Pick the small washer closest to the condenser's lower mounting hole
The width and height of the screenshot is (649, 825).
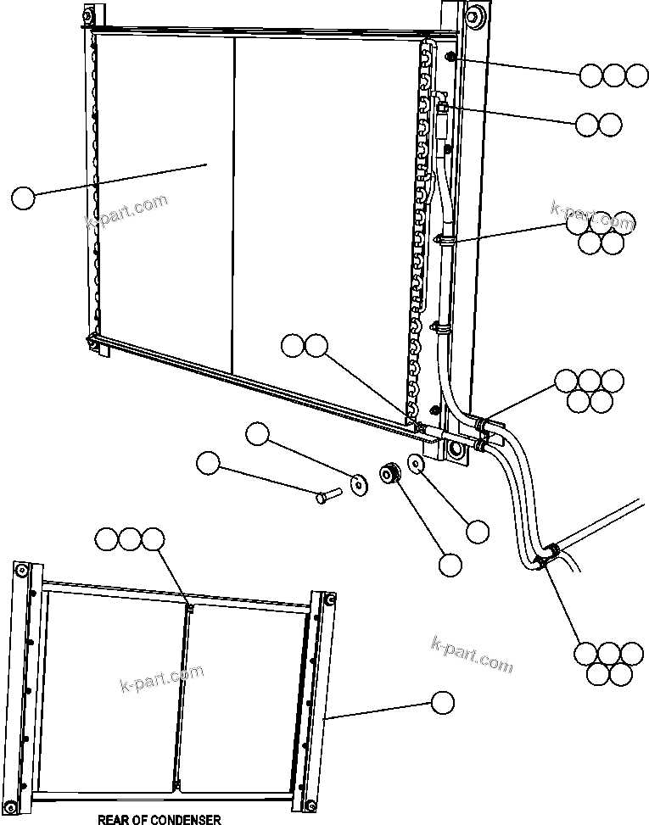click(x=417, y=464)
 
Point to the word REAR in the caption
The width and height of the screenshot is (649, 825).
click(x=112, y=819)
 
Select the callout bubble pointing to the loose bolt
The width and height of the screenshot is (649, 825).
click(x=208, y=464)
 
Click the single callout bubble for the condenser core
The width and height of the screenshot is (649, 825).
click(x=23, y=198)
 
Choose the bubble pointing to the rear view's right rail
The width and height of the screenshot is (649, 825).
click(x=441, y=702)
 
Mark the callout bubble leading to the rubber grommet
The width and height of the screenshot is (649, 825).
click(x=450, y=564)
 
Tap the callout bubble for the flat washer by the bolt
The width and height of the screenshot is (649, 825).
click(x=257, y=435)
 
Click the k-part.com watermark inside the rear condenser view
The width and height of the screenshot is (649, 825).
click(x=160, y=676)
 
